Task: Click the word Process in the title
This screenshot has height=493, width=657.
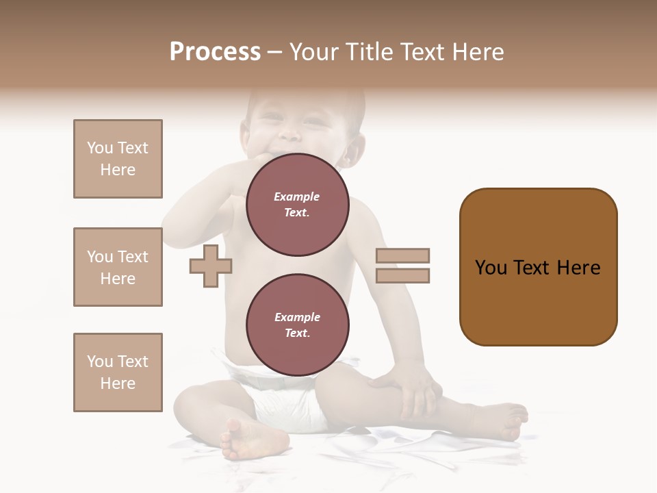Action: tap(215, 52)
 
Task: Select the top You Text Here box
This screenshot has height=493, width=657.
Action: tap(118, 159)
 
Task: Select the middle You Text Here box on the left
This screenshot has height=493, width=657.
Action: tap(118, 267)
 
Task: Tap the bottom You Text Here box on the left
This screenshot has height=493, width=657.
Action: tap(118, 372)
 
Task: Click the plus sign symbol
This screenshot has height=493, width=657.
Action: tap(211, 266)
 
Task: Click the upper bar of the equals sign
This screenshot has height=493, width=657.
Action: tap(402, 255)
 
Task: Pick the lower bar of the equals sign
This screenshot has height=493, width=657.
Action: tap(402, 276)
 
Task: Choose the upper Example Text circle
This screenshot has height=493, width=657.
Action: tap(297, 204)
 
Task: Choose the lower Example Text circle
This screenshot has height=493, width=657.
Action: tap(297, 325)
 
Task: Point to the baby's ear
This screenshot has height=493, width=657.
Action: tap(353, 151)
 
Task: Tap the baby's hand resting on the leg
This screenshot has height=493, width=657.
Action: tap(411, 390)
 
